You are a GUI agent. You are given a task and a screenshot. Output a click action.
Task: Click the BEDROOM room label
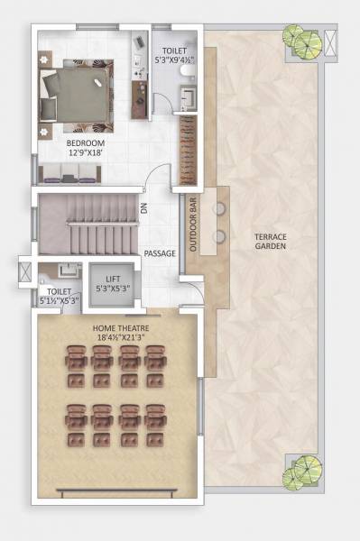pyautogui.click(x=86, y=143)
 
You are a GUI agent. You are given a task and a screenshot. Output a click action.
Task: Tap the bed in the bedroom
pyautogui.click(x=78, y=91)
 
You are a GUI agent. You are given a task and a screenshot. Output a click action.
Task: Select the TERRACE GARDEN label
pyautogui.click(x=271, y=241)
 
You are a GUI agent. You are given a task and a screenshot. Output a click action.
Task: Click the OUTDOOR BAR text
pyautogui.click(x=190, y=236)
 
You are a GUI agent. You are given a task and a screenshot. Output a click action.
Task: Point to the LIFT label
pyautogui.click(x=113, y=280)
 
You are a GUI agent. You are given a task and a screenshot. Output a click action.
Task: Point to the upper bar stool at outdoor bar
pyautogui.click(x=218, y=207)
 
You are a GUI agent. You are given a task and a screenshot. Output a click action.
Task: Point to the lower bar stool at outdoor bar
pyautogui.click(x=218, y=237)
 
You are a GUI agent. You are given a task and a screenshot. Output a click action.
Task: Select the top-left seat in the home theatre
pyautogui.click(x=76, y=360)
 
